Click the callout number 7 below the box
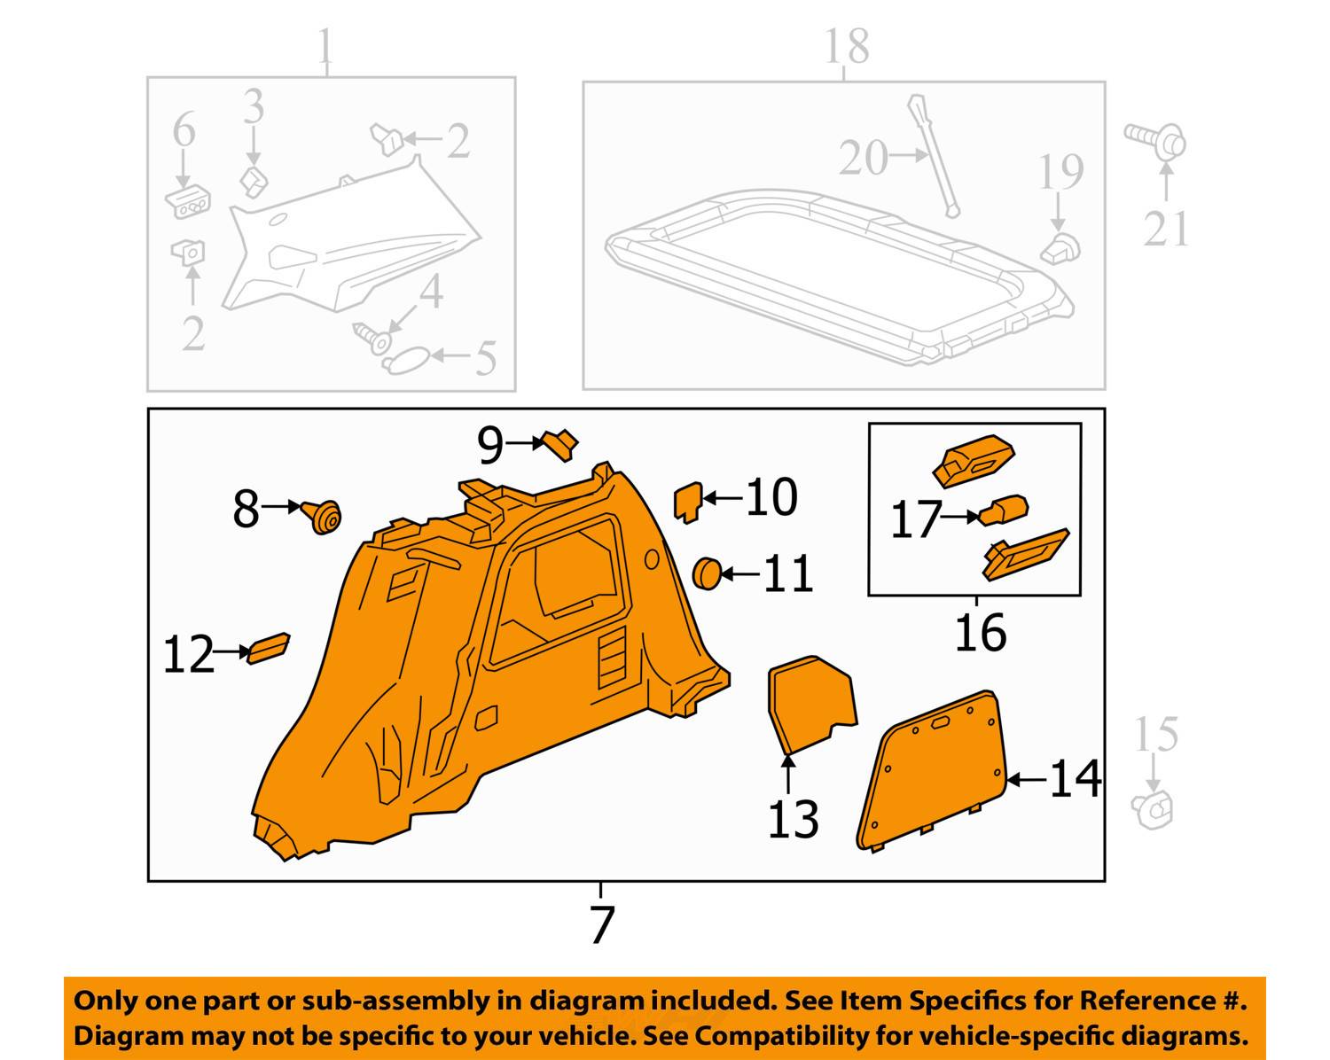tap(602, 925)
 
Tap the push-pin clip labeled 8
tap(323, 516)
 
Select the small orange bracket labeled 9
tap(561, 444)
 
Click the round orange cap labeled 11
tap(706, 573)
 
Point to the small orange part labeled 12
tap(269, 648)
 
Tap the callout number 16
tap(980, 633)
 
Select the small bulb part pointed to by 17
tap(1005, 511)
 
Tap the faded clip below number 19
tap(1060, 249)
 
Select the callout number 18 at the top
tap(846, 46)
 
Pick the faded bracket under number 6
tap(188, 203)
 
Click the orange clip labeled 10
tap(688, 502)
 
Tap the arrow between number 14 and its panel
tap(1027, 780)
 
